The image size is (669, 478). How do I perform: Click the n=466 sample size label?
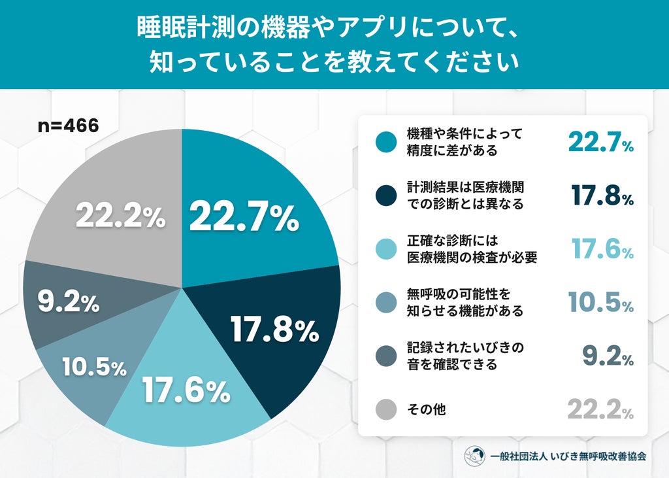click(x=68, y=126)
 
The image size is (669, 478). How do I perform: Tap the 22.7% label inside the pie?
click(x=244, y=218)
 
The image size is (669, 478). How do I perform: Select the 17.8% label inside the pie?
click(x=275, y=329)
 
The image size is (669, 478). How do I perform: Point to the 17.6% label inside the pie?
click(x=186, y=390)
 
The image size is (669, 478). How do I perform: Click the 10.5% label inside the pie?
click(x=94, y=367)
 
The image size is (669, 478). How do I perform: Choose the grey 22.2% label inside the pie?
click(x=120, y=216)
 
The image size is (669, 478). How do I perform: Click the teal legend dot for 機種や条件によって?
click(x=386, y=142)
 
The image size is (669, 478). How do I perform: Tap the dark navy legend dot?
click(x=386, y=196)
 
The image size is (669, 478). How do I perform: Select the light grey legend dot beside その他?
click(x=386, y=409)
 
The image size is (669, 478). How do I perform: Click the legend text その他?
click(x=427, y=409)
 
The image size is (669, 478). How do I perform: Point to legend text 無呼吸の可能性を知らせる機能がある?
click(x=465, y=303)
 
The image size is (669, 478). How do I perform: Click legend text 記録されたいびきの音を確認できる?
click(x=465, y=356)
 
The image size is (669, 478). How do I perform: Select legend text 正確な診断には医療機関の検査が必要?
click(x=472, y=249)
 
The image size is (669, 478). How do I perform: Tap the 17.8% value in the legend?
click(x=602, y=196)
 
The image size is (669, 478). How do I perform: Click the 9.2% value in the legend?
click(x=608, y=356)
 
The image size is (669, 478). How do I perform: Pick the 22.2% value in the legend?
click(x=601, y=409)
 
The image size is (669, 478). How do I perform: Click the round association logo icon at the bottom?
click(x=475, y=456)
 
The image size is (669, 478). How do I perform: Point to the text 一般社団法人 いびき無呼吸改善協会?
click(x=568, y=456)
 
